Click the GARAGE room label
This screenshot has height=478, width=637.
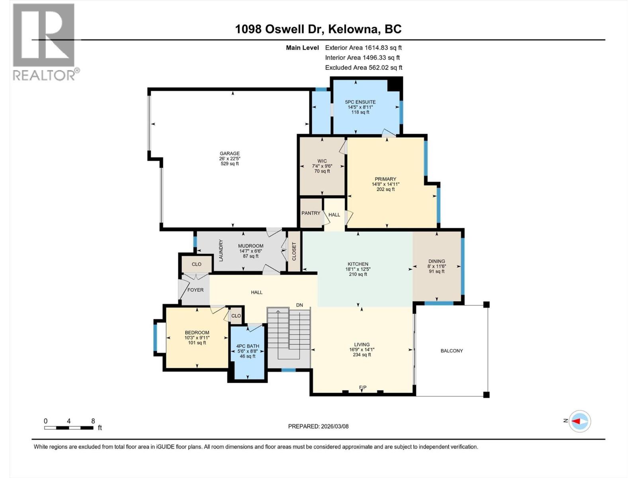click(x=230, y=153)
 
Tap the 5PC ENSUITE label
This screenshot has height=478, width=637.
click(x=360, y=102)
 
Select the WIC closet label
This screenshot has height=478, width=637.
click(x=322, y=161)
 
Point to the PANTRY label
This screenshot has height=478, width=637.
click(x=311, y=213)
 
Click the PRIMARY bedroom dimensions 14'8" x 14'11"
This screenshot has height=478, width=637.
click(x=385, y=184)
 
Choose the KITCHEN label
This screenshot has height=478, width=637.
click(x=358, y=264)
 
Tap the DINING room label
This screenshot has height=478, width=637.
click(x=436, y=261)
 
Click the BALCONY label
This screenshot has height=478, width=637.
click(x=451, y=351)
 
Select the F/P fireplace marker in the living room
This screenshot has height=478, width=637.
click(x=362, y=387)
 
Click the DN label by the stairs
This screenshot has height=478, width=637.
click(x=299, y=305)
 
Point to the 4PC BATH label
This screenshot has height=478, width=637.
click(x=248, y=346)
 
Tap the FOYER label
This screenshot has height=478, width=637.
click(x=195, y=290)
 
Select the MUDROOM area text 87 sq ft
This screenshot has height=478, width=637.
click(x=251, y=256)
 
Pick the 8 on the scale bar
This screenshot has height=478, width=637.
click(x=93, y=421)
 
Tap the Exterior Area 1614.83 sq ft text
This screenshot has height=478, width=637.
click(x=363, y=47)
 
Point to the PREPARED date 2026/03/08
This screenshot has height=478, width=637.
click(x=334, y=426)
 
